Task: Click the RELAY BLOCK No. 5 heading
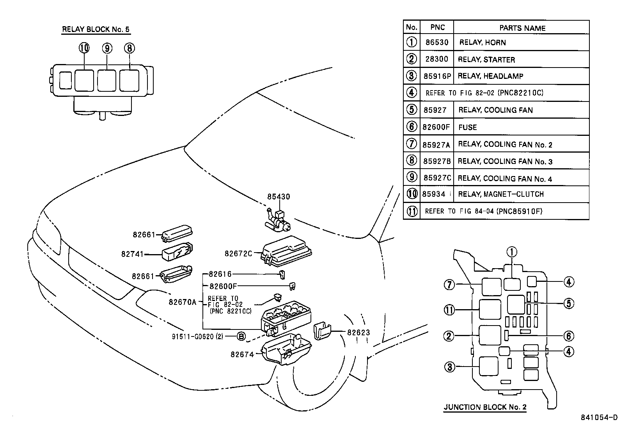coord(96,29)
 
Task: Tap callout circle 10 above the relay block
coord(84,48)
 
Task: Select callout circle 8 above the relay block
coord(130,48)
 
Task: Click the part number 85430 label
coord(279,197)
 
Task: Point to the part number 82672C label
coord(238,253)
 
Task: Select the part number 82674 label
coord(242,354)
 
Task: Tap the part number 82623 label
coord(358,333)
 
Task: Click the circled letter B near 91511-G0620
coord(241,336)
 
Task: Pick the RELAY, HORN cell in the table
coord(483,43)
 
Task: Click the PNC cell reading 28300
coord(436,60)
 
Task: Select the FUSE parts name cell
coord(468,127)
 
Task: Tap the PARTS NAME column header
coord(522,28)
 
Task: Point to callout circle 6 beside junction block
coord(568,336)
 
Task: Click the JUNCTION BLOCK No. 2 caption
coord(485,407)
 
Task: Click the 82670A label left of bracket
coord(183,302)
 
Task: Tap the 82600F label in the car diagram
coord(223,286)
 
